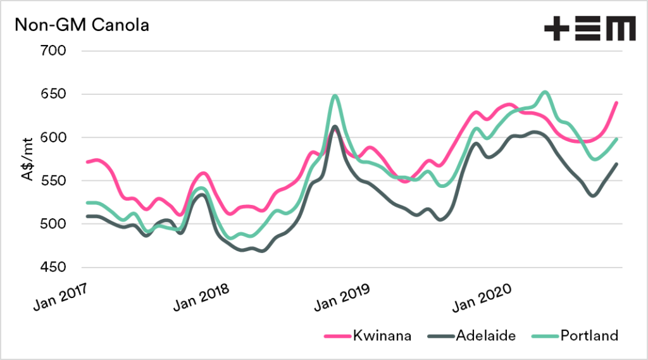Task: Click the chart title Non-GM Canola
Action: (82, 26)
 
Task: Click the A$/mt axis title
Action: (29, 159)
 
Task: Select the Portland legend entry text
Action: (589, 336)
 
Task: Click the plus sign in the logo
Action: (556, 30)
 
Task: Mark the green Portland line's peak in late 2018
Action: (335, 96)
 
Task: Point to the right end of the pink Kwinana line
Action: (616, 102)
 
